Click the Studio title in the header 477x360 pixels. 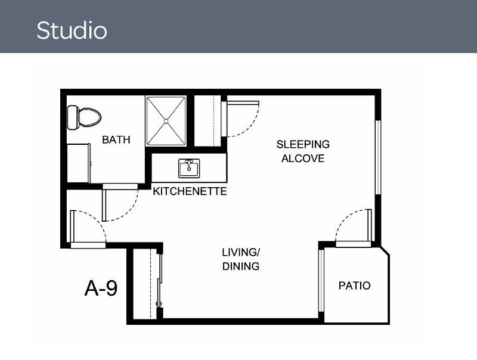(72, 30)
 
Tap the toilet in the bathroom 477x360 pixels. (84, 117)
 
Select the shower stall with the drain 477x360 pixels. (166, 121)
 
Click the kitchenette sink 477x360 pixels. (189, 168)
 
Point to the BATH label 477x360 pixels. (116, 140)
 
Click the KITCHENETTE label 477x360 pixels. (190, 191)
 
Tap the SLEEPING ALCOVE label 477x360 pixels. (303, 151)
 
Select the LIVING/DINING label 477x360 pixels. (241, 259)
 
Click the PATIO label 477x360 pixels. (354, 285)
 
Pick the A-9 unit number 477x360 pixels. (101, 288)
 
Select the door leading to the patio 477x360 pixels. (354, 228)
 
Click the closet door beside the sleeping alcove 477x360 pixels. (240, 119)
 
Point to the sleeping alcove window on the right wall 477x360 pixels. (378, 157)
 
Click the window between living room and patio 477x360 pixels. (321, 280)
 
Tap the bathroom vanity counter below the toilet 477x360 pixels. (79, 163)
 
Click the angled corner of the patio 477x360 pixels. (385, 251)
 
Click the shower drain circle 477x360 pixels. (166, 122)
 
